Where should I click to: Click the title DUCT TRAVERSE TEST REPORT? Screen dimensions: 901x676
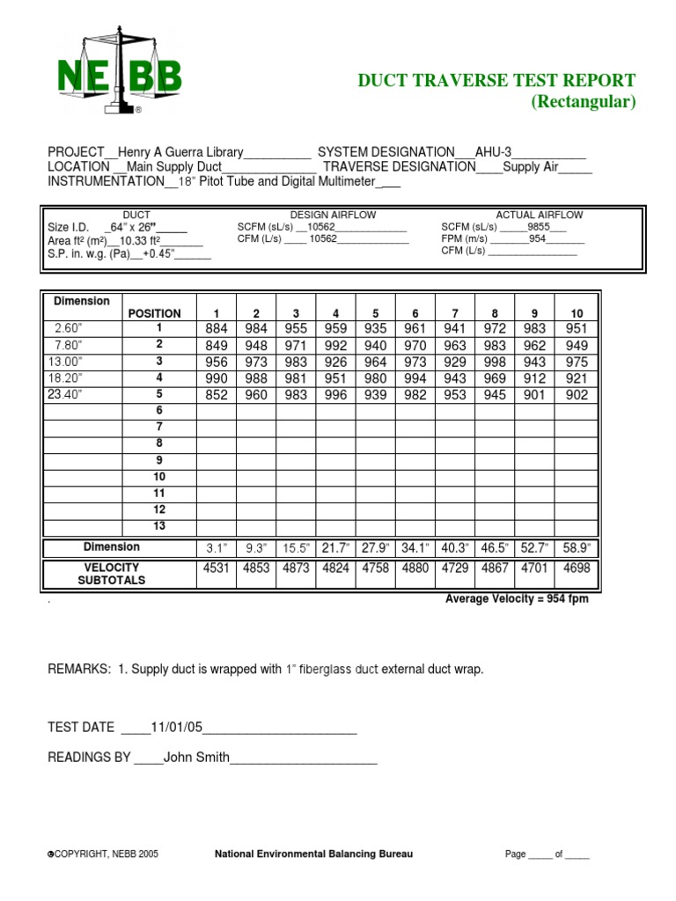496,80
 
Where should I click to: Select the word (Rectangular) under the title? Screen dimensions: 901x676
582,102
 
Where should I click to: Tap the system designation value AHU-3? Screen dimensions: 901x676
499,151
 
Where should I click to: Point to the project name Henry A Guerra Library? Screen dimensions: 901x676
180,151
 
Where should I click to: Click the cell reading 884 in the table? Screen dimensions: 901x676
216,329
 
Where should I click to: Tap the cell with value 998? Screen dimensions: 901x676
495,363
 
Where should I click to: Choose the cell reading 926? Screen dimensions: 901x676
335,363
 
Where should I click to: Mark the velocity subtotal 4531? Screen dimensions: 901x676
216,568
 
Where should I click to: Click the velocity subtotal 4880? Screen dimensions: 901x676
415,568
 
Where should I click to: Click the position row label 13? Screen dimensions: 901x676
159,526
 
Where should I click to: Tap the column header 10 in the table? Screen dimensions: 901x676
577,313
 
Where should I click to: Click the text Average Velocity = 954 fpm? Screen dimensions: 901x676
518,599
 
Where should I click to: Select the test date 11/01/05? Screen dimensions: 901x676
177,727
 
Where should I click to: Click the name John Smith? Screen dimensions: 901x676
196,757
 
